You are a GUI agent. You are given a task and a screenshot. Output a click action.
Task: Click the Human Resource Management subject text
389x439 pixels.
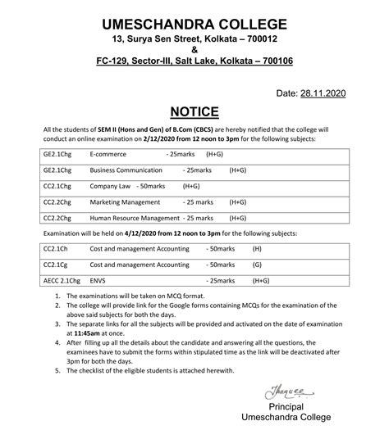pos(135,218)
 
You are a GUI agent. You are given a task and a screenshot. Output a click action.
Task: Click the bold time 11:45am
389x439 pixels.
pos(76,335)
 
